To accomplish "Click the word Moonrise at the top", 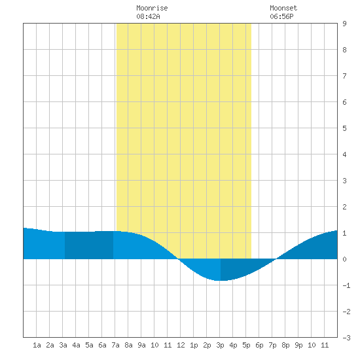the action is click(152, 8).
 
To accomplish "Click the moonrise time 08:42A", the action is click(148, 16).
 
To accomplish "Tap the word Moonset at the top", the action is click(283, 8).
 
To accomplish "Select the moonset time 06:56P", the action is click(281, 16).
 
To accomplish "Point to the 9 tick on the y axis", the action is click(344, 24).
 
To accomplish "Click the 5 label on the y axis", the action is click(344, 128).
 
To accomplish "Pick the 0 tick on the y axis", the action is click(344, 259).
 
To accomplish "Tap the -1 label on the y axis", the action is click(346, 285).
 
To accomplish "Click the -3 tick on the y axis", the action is click(346, 338).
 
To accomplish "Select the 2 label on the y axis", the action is click(344, 207).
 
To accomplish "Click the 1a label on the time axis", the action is click(37, 345).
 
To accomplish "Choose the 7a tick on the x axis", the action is click(115, 345).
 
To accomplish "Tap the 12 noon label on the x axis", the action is click(181, 345).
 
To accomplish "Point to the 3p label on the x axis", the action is click(220, 345).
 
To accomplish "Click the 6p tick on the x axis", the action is click(259, 345).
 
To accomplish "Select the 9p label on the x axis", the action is click(298, 345).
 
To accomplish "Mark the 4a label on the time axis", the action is click(76, 345).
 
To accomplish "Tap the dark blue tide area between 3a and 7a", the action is click(89, 245).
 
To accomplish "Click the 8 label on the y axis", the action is click(344, 50).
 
